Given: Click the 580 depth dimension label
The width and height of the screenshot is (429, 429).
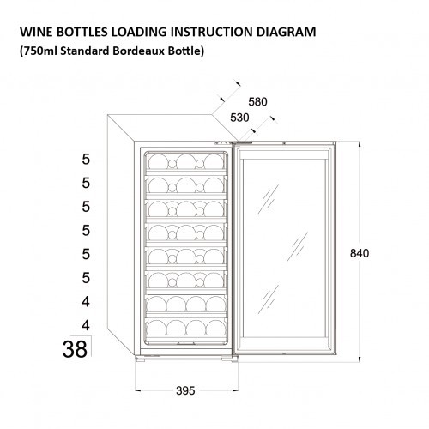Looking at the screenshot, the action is click(x=257, y=102).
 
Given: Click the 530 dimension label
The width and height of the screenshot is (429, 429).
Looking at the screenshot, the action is click(x=239, y=118).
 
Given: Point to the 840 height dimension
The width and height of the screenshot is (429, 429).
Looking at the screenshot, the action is click(x=360, y=253).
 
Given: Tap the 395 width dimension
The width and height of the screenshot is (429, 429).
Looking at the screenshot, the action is click(x=185, y=390).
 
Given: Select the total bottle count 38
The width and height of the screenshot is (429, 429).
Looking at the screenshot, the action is click(x=75, y=349).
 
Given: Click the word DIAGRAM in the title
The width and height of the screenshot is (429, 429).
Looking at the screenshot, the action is click(x=286, y=32).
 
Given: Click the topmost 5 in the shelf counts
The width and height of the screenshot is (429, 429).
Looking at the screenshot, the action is click(x=86, y=160).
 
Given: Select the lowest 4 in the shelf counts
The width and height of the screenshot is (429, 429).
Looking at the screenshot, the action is click(x=86, y=325).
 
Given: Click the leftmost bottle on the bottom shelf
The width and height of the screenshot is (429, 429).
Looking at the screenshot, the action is click(x=156, y=328).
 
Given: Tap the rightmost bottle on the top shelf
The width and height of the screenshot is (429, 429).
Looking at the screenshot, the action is click(x=214, y=162).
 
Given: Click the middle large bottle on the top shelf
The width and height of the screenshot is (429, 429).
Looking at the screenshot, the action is click(x=186, y=162).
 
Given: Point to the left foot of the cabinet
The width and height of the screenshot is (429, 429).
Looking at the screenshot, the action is click(x=140, y=359).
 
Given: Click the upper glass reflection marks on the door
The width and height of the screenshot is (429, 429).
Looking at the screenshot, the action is click(x=269, y=199).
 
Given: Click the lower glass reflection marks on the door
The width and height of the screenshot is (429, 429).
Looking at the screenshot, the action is click(x=269, y=299).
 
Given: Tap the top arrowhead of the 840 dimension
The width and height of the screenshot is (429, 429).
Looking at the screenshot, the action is click(x=360, y=144).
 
